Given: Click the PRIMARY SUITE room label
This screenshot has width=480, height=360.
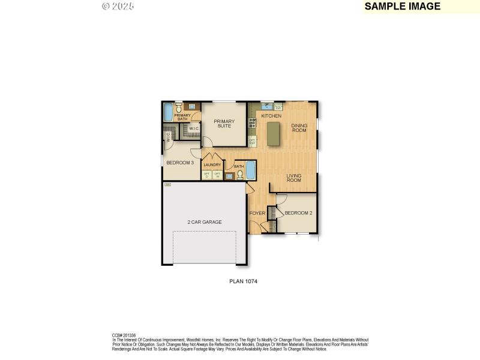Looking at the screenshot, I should [224, 124].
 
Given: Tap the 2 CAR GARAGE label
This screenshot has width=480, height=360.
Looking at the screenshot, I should [205, 222].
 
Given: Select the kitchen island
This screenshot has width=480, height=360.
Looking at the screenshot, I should [274, 133].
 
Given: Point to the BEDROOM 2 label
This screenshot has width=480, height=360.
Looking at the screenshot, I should [298, 213].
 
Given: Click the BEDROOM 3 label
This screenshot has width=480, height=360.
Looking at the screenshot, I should [179, 163].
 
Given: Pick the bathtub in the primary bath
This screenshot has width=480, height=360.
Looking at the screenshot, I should [168, 112].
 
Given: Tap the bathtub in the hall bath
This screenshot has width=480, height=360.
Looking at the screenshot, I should [250, 170].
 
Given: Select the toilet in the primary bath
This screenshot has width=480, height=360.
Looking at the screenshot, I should [178, 109].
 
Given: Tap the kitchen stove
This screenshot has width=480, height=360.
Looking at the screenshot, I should [253, 123].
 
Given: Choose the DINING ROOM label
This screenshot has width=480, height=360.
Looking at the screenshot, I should [299, 128].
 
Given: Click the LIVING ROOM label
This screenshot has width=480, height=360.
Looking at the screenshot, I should [293, 178].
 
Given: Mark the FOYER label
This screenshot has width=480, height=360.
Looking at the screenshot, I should [257, 213].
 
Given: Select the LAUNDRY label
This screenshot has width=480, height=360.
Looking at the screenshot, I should [212, 165].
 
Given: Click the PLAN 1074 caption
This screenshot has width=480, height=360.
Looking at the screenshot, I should [244, 280].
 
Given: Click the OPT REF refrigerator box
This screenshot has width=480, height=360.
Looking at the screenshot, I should [252, 142].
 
